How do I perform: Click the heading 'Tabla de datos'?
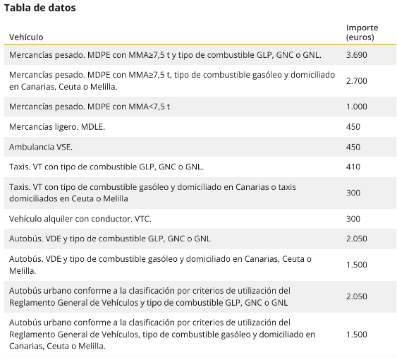39,8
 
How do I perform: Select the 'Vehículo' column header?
26,37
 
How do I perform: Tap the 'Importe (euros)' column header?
362,32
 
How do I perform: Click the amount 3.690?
357,55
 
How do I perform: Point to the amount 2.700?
357,81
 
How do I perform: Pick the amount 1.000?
357,107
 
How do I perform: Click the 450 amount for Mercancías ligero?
353,127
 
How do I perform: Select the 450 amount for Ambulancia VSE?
353,147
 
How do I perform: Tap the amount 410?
353,167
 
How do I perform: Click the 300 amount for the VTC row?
353,219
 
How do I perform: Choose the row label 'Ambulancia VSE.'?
41,147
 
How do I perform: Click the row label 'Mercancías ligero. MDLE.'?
57,127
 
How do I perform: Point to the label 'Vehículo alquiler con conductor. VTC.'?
80,219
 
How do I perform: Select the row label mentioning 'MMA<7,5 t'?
90,107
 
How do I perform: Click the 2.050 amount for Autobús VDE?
357,239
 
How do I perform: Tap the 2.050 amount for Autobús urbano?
357,296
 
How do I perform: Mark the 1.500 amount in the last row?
357,335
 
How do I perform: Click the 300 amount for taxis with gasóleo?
353,193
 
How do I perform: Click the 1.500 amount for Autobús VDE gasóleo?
357,265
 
